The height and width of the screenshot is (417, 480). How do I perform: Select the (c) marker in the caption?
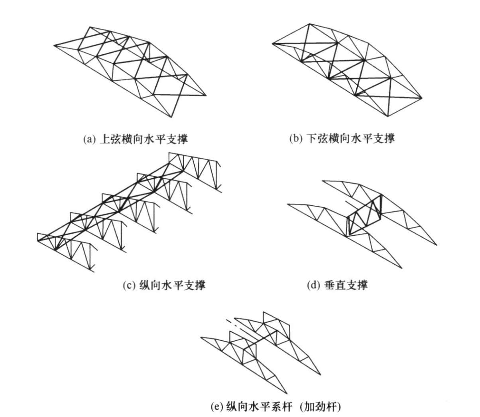point(130,286)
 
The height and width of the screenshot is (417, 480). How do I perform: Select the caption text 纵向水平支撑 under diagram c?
point(172,286)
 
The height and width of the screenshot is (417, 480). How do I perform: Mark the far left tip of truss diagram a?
point(55,45)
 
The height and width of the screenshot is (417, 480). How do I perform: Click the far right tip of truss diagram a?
point(206,95)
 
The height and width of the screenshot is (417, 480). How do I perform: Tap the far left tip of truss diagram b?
point(272,42)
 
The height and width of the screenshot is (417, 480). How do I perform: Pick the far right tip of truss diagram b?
point(422,98)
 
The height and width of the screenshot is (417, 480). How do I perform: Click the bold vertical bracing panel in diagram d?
point(364,215)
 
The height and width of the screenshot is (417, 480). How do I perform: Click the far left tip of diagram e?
point(201,338)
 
